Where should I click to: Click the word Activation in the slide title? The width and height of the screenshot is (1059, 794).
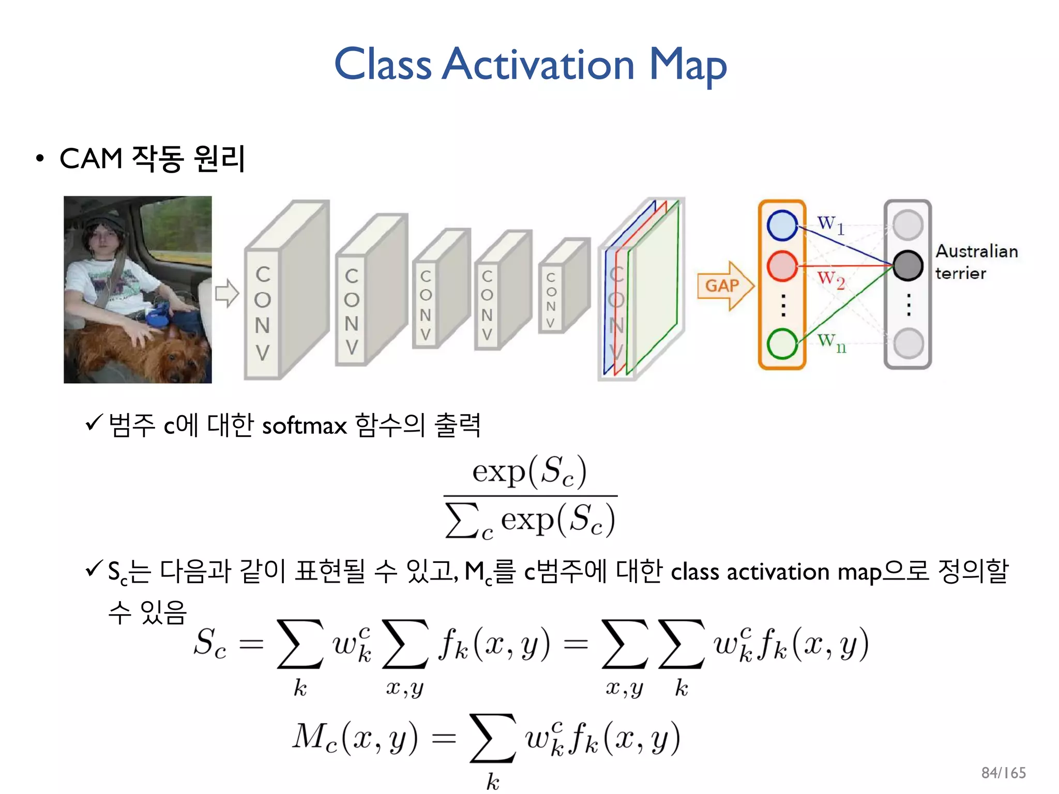[x=538, y=65]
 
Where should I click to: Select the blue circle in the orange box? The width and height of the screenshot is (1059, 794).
[x=782, y=225]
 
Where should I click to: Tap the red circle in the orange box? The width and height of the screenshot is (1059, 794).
[x=782, y=266]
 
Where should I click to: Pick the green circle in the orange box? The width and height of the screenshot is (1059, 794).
[x=782, y=344]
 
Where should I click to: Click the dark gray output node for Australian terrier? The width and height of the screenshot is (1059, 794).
[x=907, y=265]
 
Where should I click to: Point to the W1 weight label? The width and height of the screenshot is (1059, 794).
[x=830, y=224]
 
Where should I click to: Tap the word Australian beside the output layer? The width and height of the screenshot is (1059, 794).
[x=976, y=252]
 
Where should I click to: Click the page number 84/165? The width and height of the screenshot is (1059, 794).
[x=1003, y=773]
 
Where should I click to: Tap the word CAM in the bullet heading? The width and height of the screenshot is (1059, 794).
[x=91, y=158]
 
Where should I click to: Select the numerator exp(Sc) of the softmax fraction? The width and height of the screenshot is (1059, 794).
[x=529, y=471]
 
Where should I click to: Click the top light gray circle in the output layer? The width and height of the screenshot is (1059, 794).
[x=907, y=225]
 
